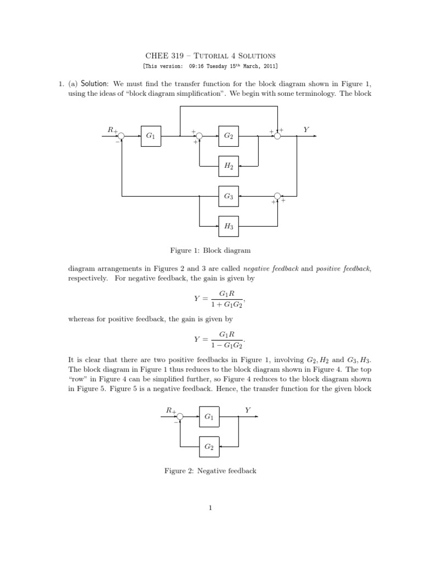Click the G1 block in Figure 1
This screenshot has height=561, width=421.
click(x=150, y=136)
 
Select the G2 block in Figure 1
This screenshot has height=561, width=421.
click(x=229, y=136)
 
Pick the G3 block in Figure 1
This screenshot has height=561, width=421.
click(x=229, y=196)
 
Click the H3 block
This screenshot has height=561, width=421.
click(x=229, y=225)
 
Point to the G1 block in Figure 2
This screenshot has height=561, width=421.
click(x=208, y=417)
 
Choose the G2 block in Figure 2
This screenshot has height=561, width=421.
click(x=208, y=447)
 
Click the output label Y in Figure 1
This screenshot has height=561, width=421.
click(x=306, y=130)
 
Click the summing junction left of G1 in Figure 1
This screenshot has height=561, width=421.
click(x=121, y=136)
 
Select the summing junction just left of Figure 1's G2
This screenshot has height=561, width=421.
click(x=200, y=136)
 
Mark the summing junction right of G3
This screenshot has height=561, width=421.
click(x=277, y=196)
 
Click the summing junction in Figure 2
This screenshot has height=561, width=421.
click(x=180, y=417)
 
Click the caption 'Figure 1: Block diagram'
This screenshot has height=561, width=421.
click(x=210, y=250)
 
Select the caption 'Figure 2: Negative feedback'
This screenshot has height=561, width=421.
click(x=210, y=471)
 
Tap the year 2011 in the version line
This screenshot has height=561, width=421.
click(x=270, y=66)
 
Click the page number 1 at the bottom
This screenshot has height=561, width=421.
click(x=210, y=508)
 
